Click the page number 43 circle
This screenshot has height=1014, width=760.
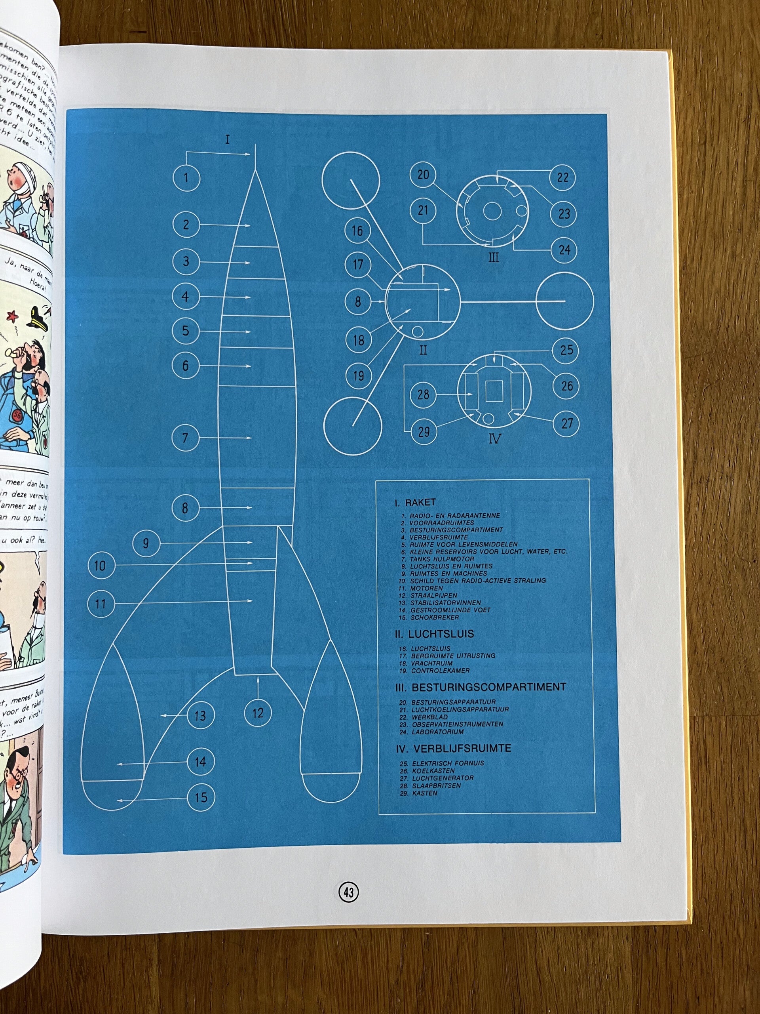[x=348, y=892]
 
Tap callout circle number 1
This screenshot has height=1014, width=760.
[x=186, y=178]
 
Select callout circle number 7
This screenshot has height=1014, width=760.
[x=185, y=438]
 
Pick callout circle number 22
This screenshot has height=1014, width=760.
[x=562, y=177]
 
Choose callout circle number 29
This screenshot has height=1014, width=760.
[x=424, y=431]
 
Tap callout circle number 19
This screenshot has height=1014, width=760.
[x=358, y=376]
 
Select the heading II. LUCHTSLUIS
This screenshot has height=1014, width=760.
[x=434, y=634]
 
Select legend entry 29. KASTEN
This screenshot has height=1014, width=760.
[x=419, y=793]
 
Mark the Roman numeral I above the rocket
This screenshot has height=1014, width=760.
[x=228, y=139]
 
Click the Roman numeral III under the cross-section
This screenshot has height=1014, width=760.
[x=493, y=257]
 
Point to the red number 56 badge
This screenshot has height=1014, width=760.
[x=18, y=416]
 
